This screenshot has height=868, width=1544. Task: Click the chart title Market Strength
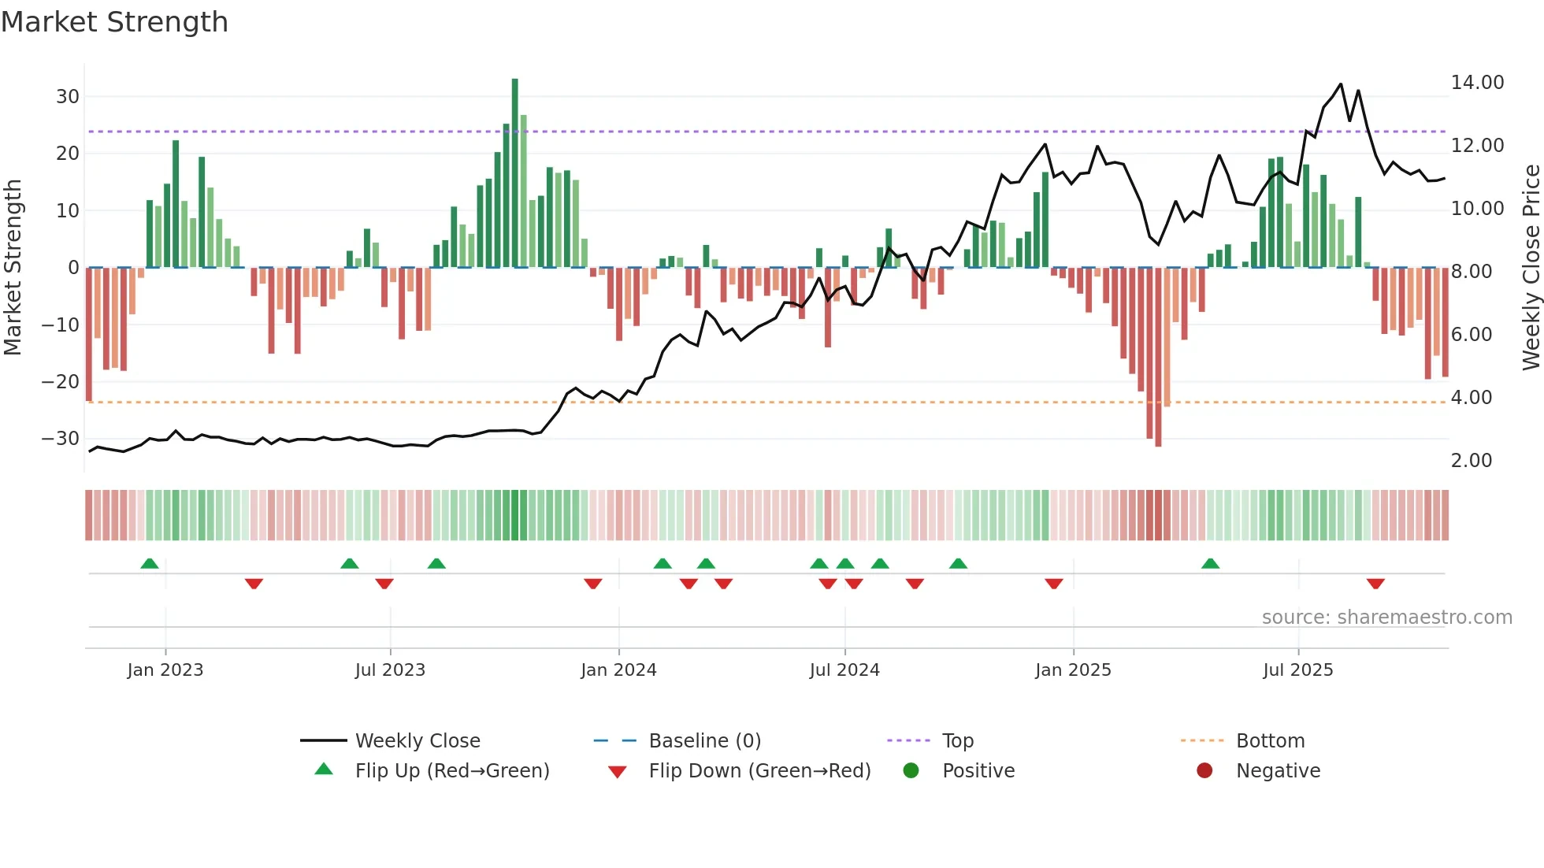pos(114,22)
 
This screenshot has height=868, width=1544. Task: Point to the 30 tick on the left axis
pos(68,97)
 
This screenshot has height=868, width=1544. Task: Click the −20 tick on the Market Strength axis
pos(61,382)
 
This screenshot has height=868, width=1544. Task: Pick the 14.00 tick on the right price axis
pos(1477,83)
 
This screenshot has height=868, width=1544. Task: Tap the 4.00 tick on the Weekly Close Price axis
pos(1471,398)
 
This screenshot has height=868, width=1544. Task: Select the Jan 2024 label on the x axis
pos(618,670)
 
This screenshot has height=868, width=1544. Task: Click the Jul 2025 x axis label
pos(1297,670)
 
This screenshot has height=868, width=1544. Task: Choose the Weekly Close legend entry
pos(417,741)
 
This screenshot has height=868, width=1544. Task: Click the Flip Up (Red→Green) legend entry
pos(451,771)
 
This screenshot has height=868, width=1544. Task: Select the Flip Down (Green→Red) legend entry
pos(759,771)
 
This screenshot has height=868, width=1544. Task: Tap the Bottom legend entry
pos(1270,741)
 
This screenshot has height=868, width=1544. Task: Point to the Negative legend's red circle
pos(1204,770)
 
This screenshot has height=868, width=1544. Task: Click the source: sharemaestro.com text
pos(1386,618)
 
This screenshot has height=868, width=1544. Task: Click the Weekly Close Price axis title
pos(1531,268)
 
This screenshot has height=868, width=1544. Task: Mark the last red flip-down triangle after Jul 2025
pos(1375,584)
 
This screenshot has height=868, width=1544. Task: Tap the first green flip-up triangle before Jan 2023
pos(150,563)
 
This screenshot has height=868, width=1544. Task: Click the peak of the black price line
pos(1341,83)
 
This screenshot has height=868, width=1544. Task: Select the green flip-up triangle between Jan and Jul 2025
pos(1211,563)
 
